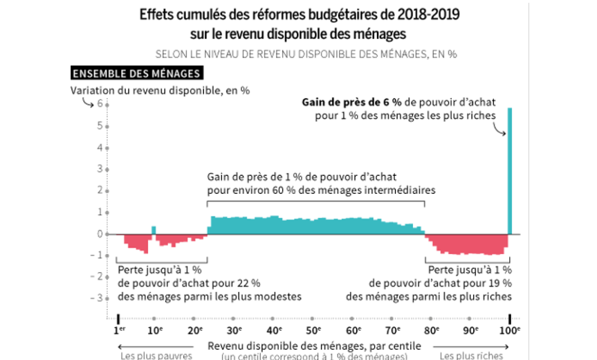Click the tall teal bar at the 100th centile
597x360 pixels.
pyautogui.click(x=510, y=171)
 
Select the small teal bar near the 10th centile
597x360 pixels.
pyautogui.click(x=154, y=230)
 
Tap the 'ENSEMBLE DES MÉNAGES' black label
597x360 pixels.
pyautogui.click(x=136, y=73)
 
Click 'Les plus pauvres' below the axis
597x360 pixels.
pyautogui.click(x=147, y=355)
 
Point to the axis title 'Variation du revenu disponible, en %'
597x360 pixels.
pyautogui.click(x=159, y=89)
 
